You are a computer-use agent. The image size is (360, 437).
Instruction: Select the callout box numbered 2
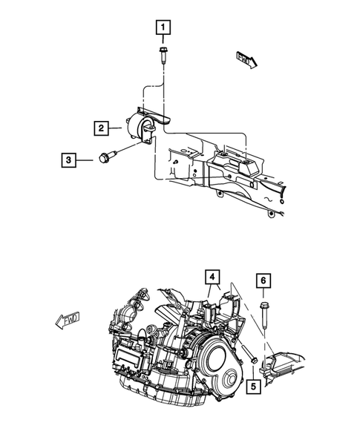point(101,128)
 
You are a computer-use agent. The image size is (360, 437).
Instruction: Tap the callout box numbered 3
point(69,158)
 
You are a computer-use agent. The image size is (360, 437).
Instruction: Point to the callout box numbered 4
point(213,279)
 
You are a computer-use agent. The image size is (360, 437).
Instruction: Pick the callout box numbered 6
point(264,280)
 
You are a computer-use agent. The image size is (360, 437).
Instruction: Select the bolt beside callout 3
point(105,157)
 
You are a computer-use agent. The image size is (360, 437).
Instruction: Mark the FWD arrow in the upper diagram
point(246,59)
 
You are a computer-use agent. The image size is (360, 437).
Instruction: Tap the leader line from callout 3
point(88,158)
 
